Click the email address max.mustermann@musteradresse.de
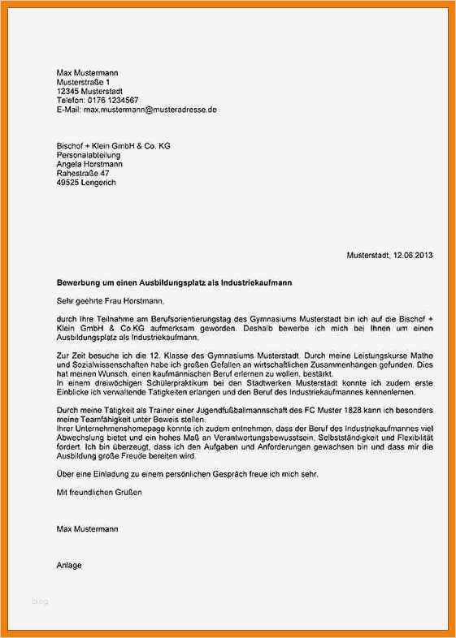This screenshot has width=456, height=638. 150,109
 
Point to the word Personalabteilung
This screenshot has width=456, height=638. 89,155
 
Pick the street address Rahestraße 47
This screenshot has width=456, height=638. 83,174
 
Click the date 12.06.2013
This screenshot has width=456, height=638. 413,256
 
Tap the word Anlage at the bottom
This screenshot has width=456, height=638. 69,564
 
